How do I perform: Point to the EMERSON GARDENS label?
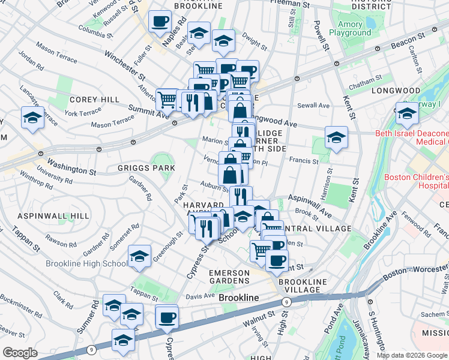[x=229, y=277]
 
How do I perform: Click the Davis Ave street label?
[x=200, y=296]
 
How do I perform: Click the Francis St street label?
[x=303, y=161]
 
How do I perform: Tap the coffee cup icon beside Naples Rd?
[x=160, y=22]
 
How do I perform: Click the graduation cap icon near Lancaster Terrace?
[x=32, y=118]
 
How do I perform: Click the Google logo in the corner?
[x=20, y=353]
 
